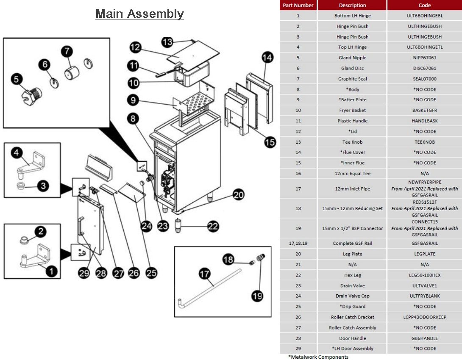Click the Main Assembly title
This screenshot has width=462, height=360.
[139, 14]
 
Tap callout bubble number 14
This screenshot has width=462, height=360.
[267, 58]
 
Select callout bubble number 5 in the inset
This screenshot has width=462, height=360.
[17, 79]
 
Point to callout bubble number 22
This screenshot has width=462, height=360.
[213, 227]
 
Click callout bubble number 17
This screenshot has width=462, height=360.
[204, 274]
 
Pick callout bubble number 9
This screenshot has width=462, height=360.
[133, 100]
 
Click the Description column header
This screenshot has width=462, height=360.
[352, 5]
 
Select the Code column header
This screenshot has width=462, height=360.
[424, 5]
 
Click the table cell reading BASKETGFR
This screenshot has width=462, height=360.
[424, 110]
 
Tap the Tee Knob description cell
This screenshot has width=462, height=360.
[352, 142]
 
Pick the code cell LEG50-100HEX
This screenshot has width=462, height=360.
[424, 275]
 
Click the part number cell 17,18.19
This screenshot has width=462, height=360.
[298, 244]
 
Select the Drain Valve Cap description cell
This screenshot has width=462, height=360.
[352, 296]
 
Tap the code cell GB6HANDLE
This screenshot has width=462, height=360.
[424, 338]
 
